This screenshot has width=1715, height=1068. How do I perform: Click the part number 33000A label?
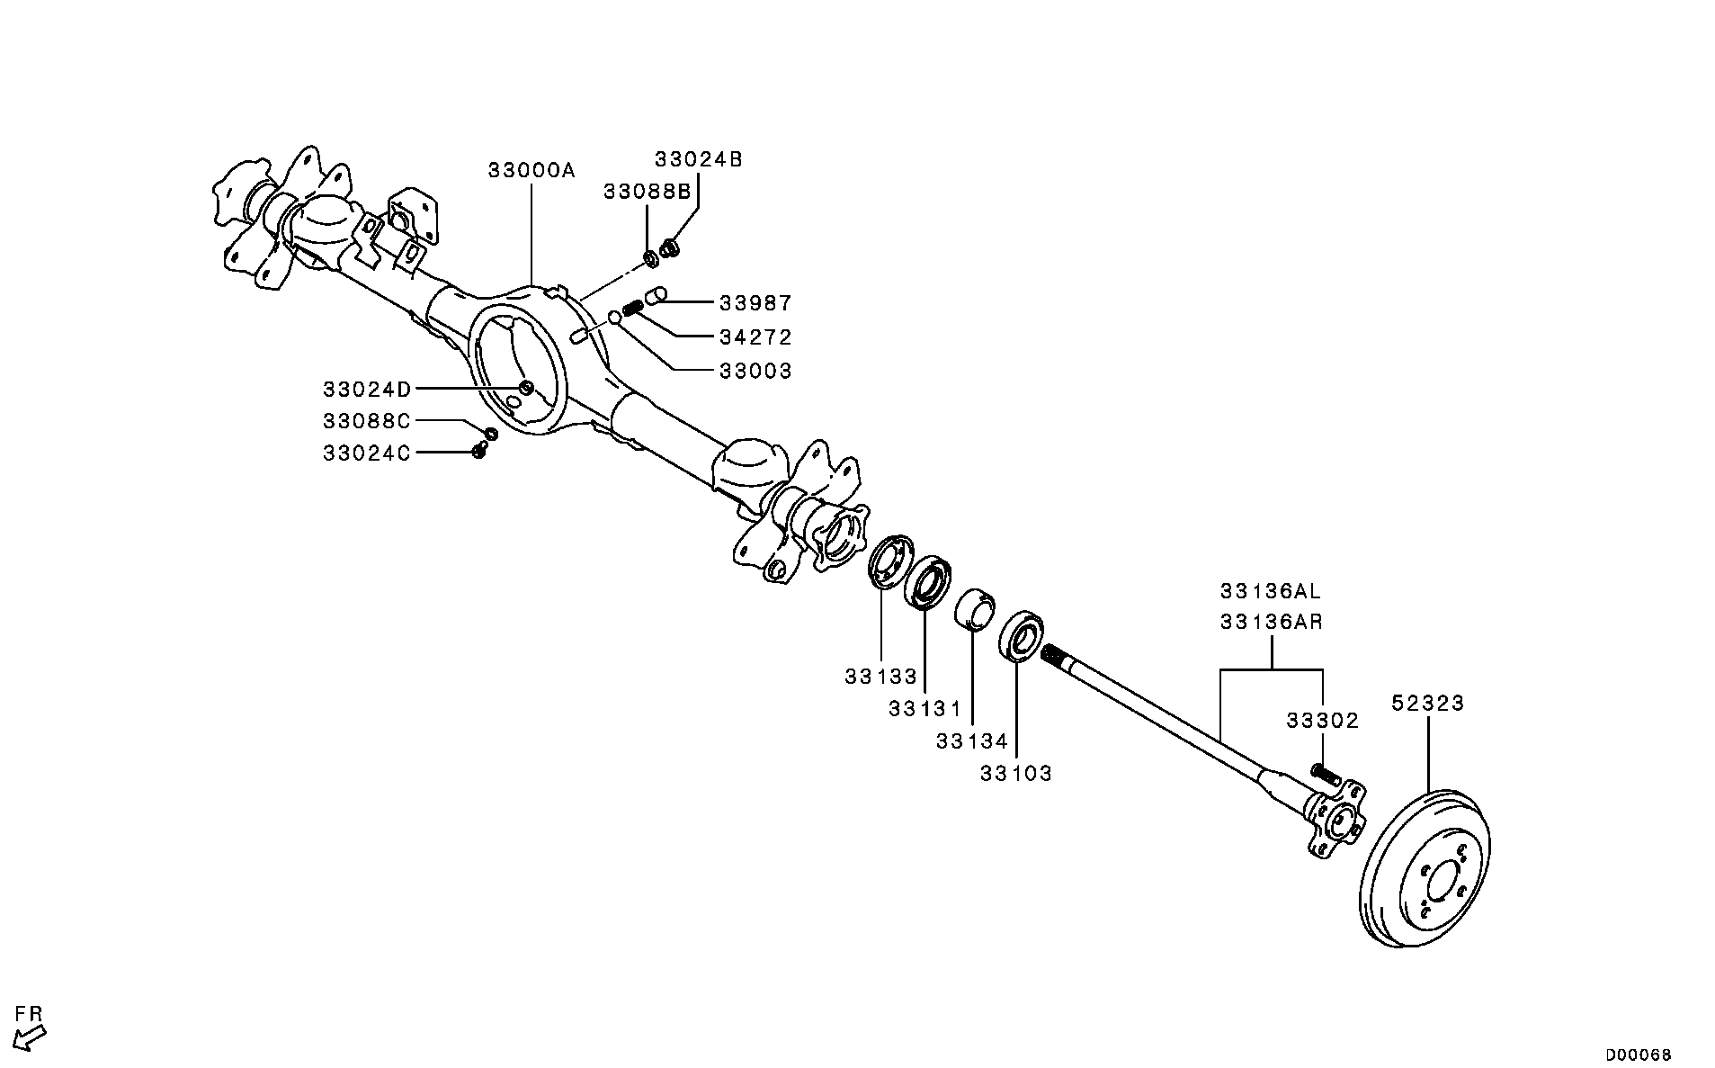click(531, 170)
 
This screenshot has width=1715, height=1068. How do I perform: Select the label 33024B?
click(698, 160)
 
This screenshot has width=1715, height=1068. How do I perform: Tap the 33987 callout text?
click(755, 303)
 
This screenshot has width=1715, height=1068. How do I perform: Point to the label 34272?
click(755, 337)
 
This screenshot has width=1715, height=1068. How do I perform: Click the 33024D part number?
click(367, 390)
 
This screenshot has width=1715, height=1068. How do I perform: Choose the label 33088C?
click(367, 421)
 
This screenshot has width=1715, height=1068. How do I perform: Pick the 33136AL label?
click(1271, 591)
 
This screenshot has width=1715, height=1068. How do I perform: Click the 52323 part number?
click(1428, 703)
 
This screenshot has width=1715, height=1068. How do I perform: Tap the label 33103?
click(1015, 773)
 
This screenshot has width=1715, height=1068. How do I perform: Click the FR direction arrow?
click(31, 1035)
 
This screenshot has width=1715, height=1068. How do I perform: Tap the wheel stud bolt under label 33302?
click(1325, 773)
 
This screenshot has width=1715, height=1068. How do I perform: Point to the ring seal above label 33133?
click(890, 561)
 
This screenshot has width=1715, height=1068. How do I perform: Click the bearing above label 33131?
click(927, 582)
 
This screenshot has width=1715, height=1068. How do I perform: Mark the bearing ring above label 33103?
click(1021, 636)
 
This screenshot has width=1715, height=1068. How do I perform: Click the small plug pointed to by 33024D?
click(527, 388)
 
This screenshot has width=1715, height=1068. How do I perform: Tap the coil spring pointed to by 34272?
click(633, 308)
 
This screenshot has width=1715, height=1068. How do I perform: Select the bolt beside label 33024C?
click(479, 451)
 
